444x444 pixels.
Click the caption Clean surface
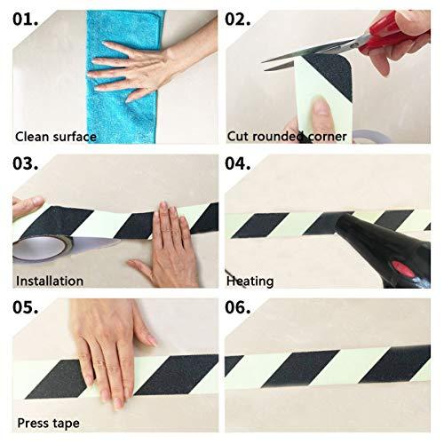55,137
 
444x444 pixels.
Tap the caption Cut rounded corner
286,137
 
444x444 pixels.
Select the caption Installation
49,281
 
